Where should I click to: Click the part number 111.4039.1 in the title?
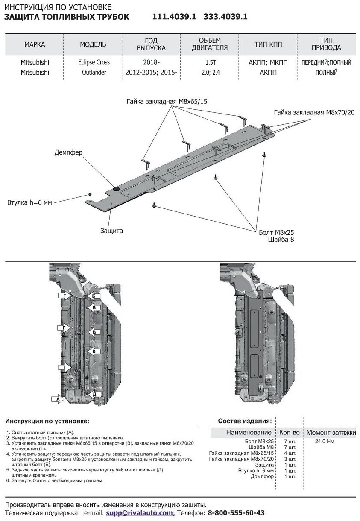[174, 17]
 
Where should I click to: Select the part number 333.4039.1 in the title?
[225, 17]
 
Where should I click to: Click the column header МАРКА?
[35, 44]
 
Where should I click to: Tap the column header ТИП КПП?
[268, 44]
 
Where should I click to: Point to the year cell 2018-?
[151, 62]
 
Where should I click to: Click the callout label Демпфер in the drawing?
[68, 152]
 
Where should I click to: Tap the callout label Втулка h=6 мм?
[29, 202]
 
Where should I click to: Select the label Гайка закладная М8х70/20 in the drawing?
[315, 112]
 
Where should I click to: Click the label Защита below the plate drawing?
[112, 231]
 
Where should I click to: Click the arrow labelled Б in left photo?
[94, 296]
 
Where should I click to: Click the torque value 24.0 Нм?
[325, 441]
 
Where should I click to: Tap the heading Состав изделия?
[245, 421]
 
